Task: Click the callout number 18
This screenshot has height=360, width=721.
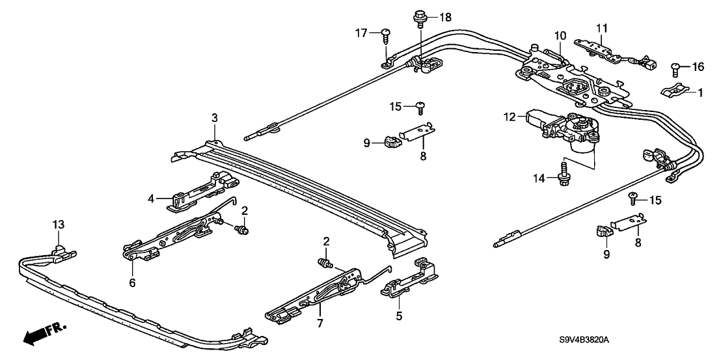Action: pos(445,18)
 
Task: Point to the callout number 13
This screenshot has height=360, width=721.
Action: pos(59,225)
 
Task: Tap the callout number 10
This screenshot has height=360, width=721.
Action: pos(560,35)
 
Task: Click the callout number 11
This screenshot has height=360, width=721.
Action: pos(602,28)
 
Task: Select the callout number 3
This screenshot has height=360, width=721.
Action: pos(215,118)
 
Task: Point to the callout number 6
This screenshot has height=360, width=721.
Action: pos(133,283)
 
